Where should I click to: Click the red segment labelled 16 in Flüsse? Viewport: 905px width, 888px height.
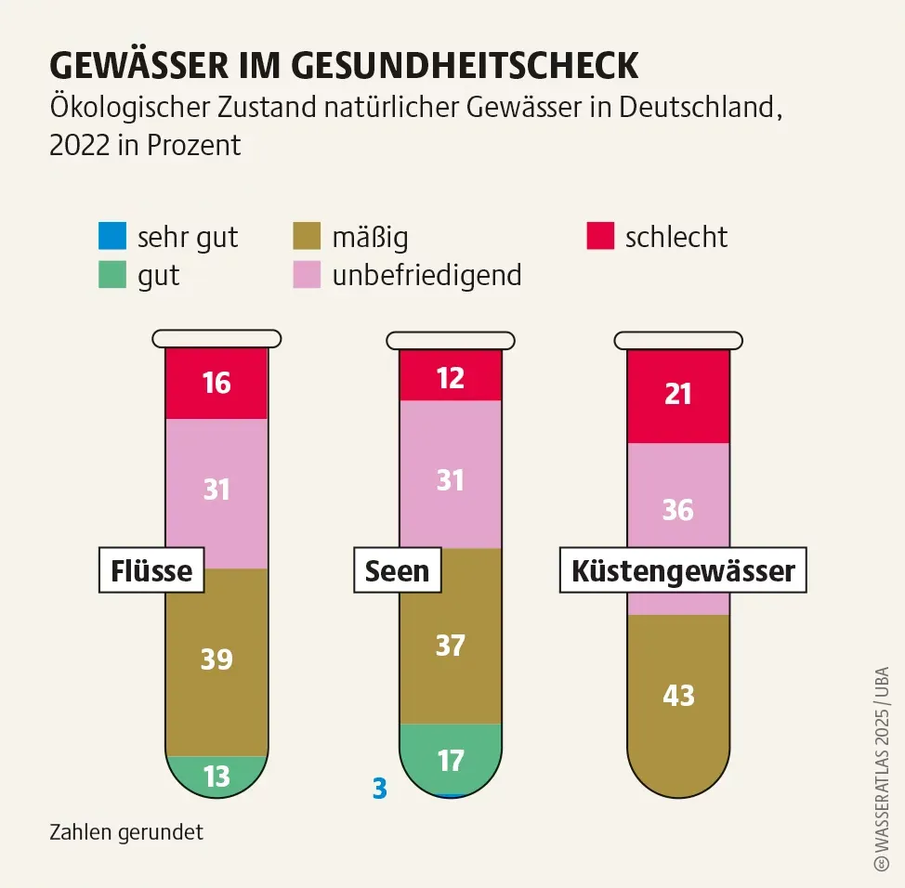coord(216,383)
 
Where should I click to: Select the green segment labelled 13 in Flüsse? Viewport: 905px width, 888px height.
coord(216,775)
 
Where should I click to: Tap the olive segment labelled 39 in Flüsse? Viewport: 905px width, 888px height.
coord(216,660)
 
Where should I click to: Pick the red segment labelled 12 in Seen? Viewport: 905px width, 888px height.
coord(451,376)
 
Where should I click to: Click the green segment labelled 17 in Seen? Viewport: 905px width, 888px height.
coord(451,760)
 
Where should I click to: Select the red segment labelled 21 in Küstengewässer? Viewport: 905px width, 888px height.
coord(678,395)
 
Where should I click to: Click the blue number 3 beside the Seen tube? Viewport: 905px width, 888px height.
coord(379,789)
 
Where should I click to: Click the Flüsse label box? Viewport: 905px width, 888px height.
coord(151,570)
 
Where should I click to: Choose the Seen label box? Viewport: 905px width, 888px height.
coord(397,570)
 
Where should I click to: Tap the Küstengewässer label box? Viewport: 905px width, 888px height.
coord(683,570)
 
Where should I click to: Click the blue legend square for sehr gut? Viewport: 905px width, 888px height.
coord(112,236)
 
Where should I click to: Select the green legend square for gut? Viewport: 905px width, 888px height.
coord(112,275)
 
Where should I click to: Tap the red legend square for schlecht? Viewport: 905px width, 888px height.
coord(600,236)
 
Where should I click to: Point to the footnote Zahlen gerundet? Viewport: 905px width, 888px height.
coord(126,832)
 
